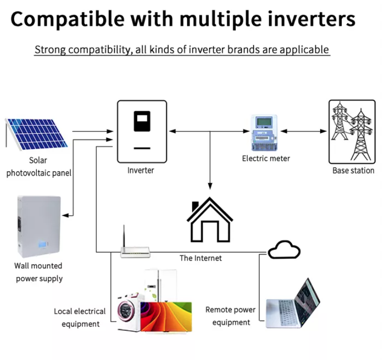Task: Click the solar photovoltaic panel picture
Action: coord(37,133)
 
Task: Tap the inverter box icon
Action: coord(142,131)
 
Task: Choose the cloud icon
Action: coord(284,250)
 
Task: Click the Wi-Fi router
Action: coord(135,250)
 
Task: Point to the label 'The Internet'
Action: coord(201,258)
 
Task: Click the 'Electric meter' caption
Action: coord(266,159)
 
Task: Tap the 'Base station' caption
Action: coord(353,171)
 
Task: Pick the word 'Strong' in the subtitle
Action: coord(50,50)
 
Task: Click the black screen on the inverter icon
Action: coord(142,121)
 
